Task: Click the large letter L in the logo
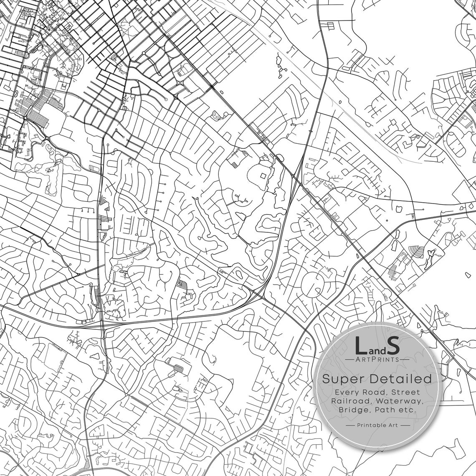point(360,345)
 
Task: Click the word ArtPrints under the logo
point(377,359)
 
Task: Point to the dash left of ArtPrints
point(350,359)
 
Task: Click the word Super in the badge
point(343,379)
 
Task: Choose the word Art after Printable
point(392,425)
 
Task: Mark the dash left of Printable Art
point(350,425)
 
